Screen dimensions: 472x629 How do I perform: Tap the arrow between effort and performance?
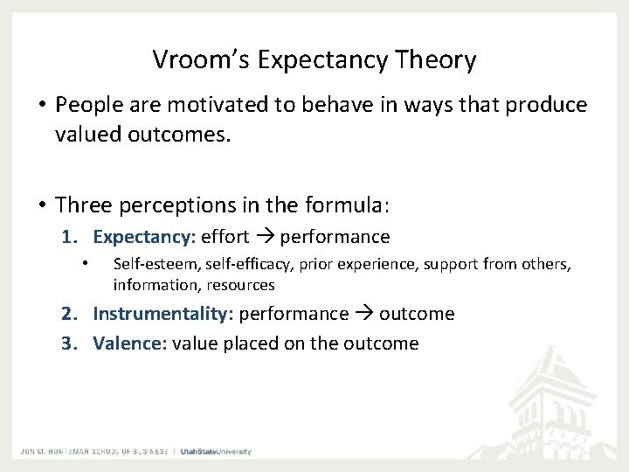click(x=265, y=237)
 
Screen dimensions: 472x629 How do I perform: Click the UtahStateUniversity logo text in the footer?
click(x=216, y=451)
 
